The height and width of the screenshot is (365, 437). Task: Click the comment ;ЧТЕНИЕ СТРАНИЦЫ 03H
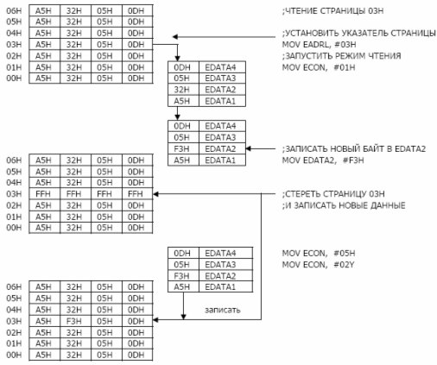[332, 11]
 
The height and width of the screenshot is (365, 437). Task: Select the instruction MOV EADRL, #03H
[319, 45]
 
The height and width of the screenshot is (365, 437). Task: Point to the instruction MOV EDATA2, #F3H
[323, 160]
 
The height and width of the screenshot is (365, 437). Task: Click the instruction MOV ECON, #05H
[319, 253]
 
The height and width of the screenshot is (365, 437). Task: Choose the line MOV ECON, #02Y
[318, 264]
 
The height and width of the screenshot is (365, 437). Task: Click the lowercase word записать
[223, 310]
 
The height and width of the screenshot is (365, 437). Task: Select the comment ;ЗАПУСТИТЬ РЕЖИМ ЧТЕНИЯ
[341, 56]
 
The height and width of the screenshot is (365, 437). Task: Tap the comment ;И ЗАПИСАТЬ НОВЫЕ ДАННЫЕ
[344, 205]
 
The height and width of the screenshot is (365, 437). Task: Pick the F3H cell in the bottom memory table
[73, 321]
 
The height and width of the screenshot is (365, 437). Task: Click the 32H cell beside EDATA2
[182, 90]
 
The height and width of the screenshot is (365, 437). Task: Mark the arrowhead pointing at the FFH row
[155, 194]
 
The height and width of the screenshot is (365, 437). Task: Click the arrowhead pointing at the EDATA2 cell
[249, 148]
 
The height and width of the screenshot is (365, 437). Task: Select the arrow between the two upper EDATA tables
[177, 113]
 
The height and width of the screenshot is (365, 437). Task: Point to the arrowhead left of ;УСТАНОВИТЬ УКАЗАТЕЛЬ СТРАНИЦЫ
[175, 37]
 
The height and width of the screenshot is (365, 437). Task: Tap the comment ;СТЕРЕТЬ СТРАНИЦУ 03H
[333, 194]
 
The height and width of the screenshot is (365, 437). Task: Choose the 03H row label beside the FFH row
[14, 194]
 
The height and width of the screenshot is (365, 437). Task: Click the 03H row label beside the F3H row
[14, 321]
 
